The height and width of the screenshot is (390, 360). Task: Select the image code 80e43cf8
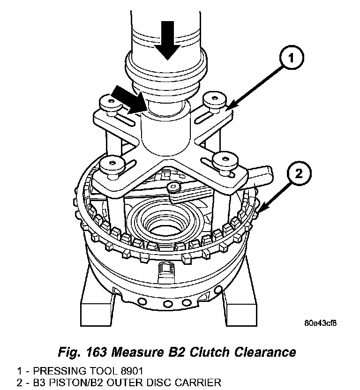[321, 322]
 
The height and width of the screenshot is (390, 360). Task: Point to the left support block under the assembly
[96, 300]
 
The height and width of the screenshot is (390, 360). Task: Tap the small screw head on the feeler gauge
[174, 187]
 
